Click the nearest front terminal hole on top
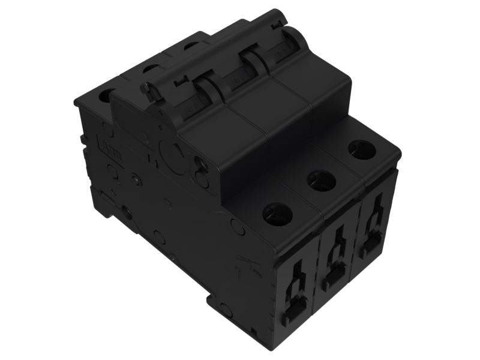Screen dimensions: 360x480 point(277,213)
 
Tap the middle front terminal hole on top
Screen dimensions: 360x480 point(321,178)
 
